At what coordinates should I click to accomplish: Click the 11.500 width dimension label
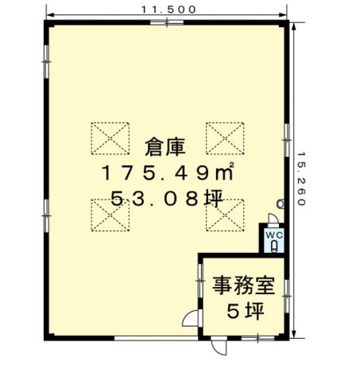(x=168, y=10)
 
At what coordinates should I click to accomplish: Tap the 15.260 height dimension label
(x=301, y=178)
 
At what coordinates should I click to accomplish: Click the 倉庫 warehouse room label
(x=165, y=147)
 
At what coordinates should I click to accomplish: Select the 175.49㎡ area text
(x=168, y=172)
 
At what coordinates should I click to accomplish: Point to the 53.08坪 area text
(x=167, y=199)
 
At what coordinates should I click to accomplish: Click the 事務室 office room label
(x=243, y=285)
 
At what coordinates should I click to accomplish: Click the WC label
(x=274, y=235)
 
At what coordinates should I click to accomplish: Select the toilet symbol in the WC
(x=274, y=247)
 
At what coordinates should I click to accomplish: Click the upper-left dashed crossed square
(x=110, y=138)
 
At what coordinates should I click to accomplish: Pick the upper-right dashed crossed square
(x=225, y=138)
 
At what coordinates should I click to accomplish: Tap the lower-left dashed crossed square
(x=110, y=216)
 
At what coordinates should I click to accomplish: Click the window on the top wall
(x=167, y=22)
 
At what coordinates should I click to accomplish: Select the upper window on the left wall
(x=47, y=62)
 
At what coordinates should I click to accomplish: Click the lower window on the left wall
(x=47, y=216)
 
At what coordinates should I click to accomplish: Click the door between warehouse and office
(x=190, y=318)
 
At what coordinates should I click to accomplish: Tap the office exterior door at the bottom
(x=219, y=346)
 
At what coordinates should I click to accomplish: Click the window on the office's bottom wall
(x=257, y=338)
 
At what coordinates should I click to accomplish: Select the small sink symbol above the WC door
(x=281, y=204)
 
